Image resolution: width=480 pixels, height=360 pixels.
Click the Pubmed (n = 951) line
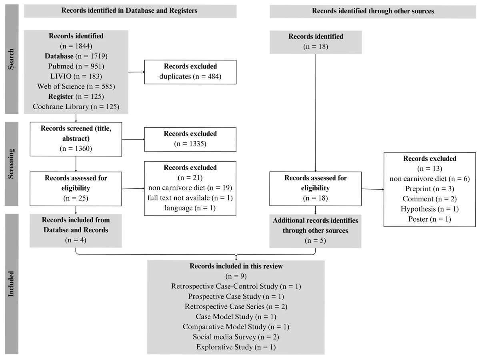coord(76,66)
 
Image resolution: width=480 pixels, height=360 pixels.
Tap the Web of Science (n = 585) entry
coord(76,86)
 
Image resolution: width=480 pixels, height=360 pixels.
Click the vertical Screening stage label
coord(12,164)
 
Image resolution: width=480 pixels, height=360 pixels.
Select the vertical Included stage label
coord(12,284)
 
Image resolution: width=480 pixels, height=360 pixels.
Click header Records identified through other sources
coord(373,11)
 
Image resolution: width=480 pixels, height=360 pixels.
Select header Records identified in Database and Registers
coord(130,11)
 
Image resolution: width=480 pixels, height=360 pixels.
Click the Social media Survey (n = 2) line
coord(236,336)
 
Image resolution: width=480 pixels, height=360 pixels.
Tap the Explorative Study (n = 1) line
coord(236,346)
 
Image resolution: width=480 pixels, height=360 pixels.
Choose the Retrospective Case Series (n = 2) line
coord(236,306)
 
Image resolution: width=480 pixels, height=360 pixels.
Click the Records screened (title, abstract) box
coord(76,138)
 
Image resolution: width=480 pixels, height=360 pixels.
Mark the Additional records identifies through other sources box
coord(316,231)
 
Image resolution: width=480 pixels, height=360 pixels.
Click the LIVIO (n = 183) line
coord(76,76)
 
